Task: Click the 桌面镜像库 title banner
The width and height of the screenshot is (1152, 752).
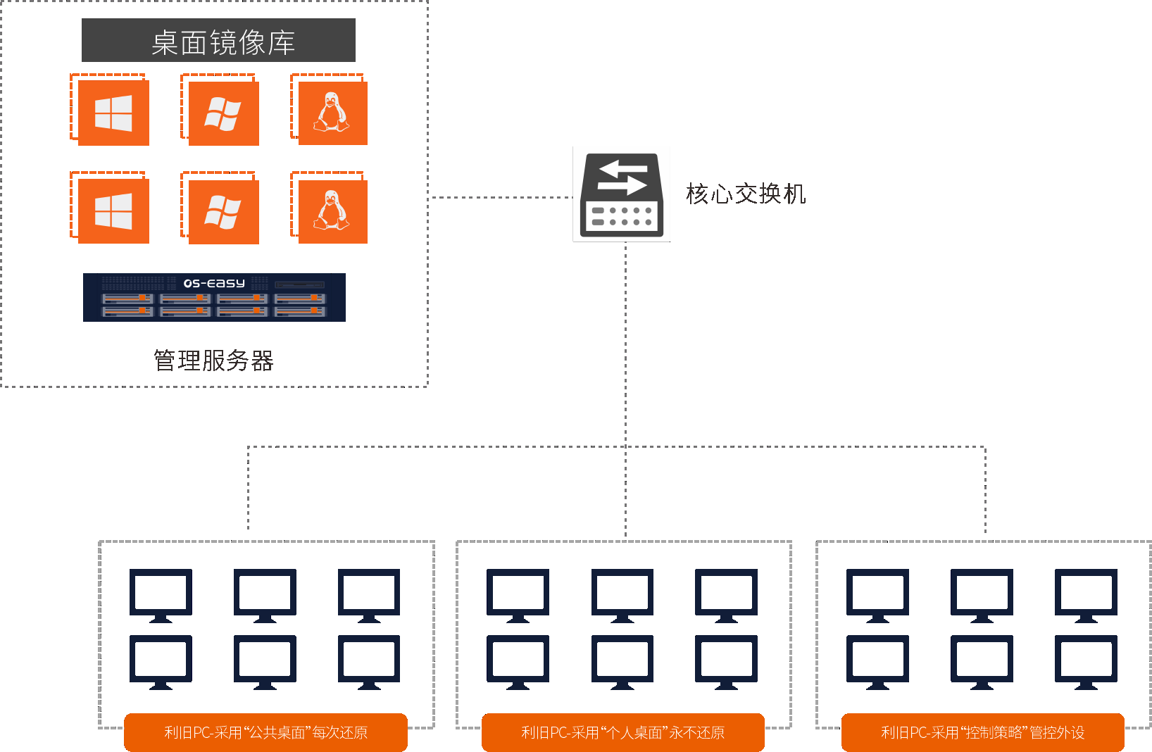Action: click(x=218, y=41)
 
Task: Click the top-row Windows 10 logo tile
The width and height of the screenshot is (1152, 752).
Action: click(x=113, y=113)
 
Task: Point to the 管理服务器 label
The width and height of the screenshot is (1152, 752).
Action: click(x=213, y=361)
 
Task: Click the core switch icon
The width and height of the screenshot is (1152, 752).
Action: click(x=622, y=194)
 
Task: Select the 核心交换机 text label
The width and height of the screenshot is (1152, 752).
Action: click(x=746, y=194)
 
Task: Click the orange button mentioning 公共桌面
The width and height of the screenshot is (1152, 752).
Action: click(x=265, y=732)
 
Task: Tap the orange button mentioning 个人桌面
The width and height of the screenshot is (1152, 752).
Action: click(x=622, y=732)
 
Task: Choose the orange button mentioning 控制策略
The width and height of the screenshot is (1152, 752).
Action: click(x=982, y=732)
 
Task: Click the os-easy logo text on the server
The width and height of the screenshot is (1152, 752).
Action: click(x=214, y=283)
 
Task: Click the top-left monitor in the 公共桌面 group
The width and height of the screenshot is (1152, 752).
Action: click(x=161, y=594)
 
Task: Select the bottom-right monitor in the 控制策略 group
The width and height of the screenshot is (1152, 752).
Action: click(x=1086, y=661)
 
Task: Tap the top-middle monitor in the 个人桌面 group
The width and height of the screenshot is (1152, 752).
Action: click(x=622, y=594)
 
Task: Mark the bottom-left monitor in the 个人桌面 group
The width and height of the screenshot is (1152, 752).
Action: click(x=518, y=661)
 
